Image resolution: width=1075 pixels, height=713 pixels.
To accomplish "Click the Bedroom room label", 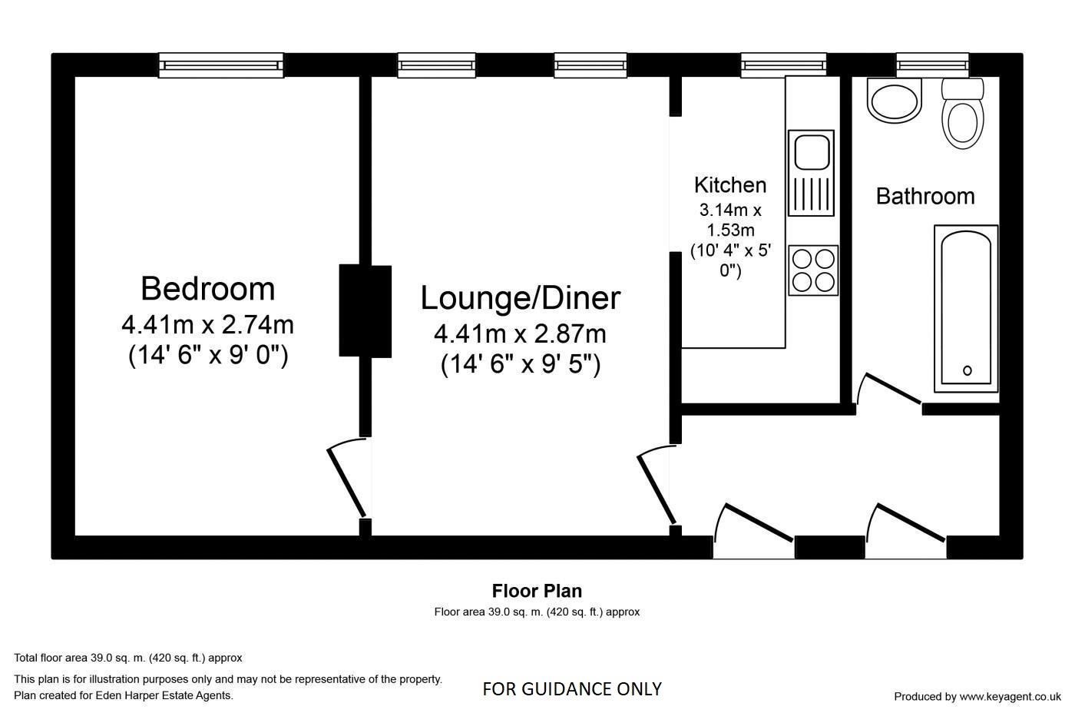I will pos(207,289).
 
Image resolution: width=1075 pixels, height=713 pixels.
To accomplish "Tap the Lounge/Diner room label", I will pos(520,298).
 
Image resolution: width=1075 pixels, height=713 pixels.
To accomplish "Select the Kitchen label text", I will pos(729,185).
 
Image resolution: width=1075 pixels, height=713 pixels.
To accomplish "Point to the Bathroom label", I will pos(925,197).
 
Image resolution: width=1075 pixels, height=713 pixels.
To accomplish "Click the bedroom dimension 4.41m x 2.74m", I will pos(207,325).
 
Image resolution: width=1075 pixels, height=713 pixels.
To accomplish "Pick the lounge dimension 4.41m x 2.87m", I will pos(520,334).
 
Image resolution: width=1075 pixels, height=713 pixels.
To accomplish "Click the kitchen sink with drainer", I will pos(811,173).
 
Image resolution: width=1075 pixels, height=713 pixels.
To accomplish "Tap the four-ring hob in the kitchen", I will pos(813,270).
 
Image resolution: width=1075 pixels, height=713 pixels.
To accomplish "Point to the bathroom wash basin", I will pos(894,101).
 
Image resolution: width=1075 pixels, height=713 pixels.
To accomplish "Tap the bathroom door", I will pos(891,389).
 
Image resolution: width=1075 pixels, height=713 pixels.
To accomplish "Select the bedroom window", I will pos(221,65).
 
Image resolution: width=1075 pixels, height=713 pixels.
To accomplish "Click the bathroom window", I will pos(932,65).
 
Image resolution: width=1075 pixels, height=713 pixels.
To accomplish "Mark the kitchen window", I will pos(783,65).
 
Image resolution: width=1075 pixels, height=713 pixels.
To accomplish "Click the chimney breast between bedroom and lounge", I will pos(365,311).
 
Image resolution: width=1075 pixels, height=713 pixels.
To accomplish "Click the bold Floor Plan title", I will pos(537,591).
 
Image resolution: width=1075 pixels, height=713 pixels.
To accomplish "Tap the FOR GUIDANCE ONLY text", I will pos(571,689).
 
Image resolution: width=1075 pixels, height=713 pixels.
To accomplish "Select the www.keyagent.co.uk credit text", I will pos(977,697).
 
